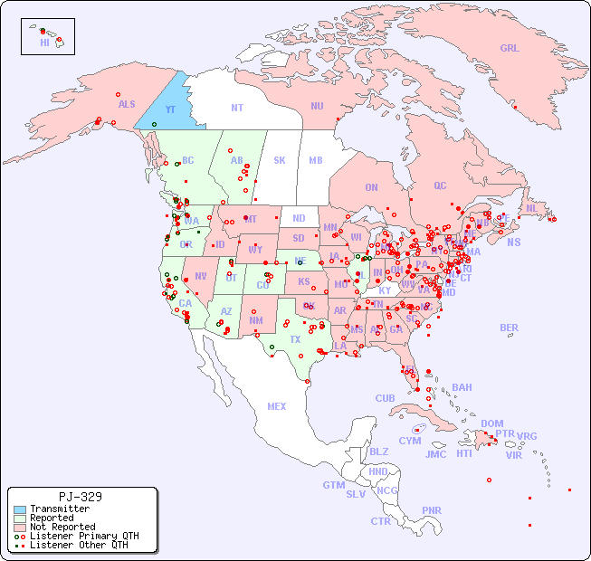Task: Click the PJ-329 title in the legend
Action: [80, 497]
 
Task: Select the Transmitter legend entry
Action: [59, 509]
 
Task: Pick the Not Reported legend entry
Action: [62, 527]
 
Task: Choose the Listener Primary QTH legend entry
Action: [83, 536]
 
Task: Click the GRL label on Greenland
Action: [510, 49]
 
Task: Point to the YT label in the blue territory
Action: [170, 109]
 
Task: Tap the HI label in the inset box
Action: [44, 43]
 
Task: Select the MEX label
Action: [277, 406]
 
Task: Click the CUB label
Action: [386, 398]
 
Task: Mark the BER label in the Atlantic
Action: [509, 328]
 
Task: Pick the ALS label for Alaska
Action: [127, 104]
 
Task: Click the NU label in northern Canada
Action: [317, 106]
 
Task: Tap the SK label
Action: [280, 160]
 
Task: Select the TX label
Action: [295, 339]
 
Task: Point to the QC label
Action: [440, 185]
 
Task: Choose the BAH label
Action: [462, 387]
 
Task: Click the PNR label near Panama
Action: [432, 510]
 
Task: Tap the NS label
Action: [514, 242]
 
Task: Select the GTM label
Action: [333, 485]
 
